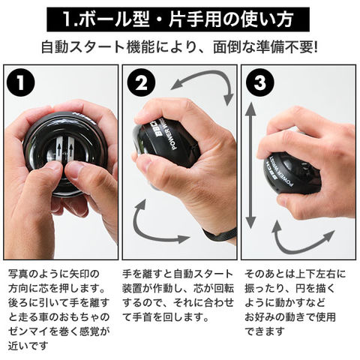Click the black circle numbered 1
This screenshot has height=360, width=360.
coord(21,82)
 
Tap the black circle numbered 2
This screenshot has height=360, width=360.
coord(141,83)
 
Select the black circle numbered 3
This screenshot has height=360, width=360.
coord(260,82)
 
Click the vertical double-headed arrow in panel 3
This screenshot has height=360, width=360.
coord(250,166)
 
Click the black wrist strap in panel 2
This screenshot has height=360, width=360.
coord(220,235)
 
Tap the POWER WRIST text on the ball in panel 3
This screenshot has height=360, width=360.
coord(280,172)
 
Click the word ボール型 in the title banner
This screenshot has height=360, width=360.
coord(116,19)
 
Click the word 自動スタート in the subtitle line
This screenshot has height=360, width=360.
coord(83,47)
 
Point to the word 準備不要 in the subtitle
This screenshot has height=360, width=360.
coord(284,47)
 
